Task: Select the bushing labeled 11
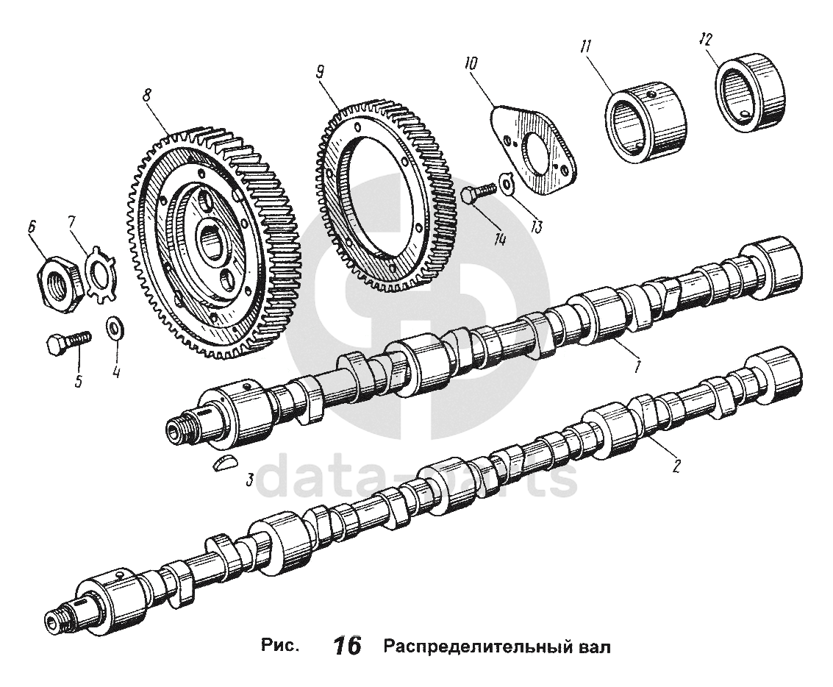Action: click(643, 121)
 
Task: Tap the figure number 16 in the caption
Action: click(347, 647)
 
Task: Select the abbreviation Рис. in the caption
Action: click(280, 647)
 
